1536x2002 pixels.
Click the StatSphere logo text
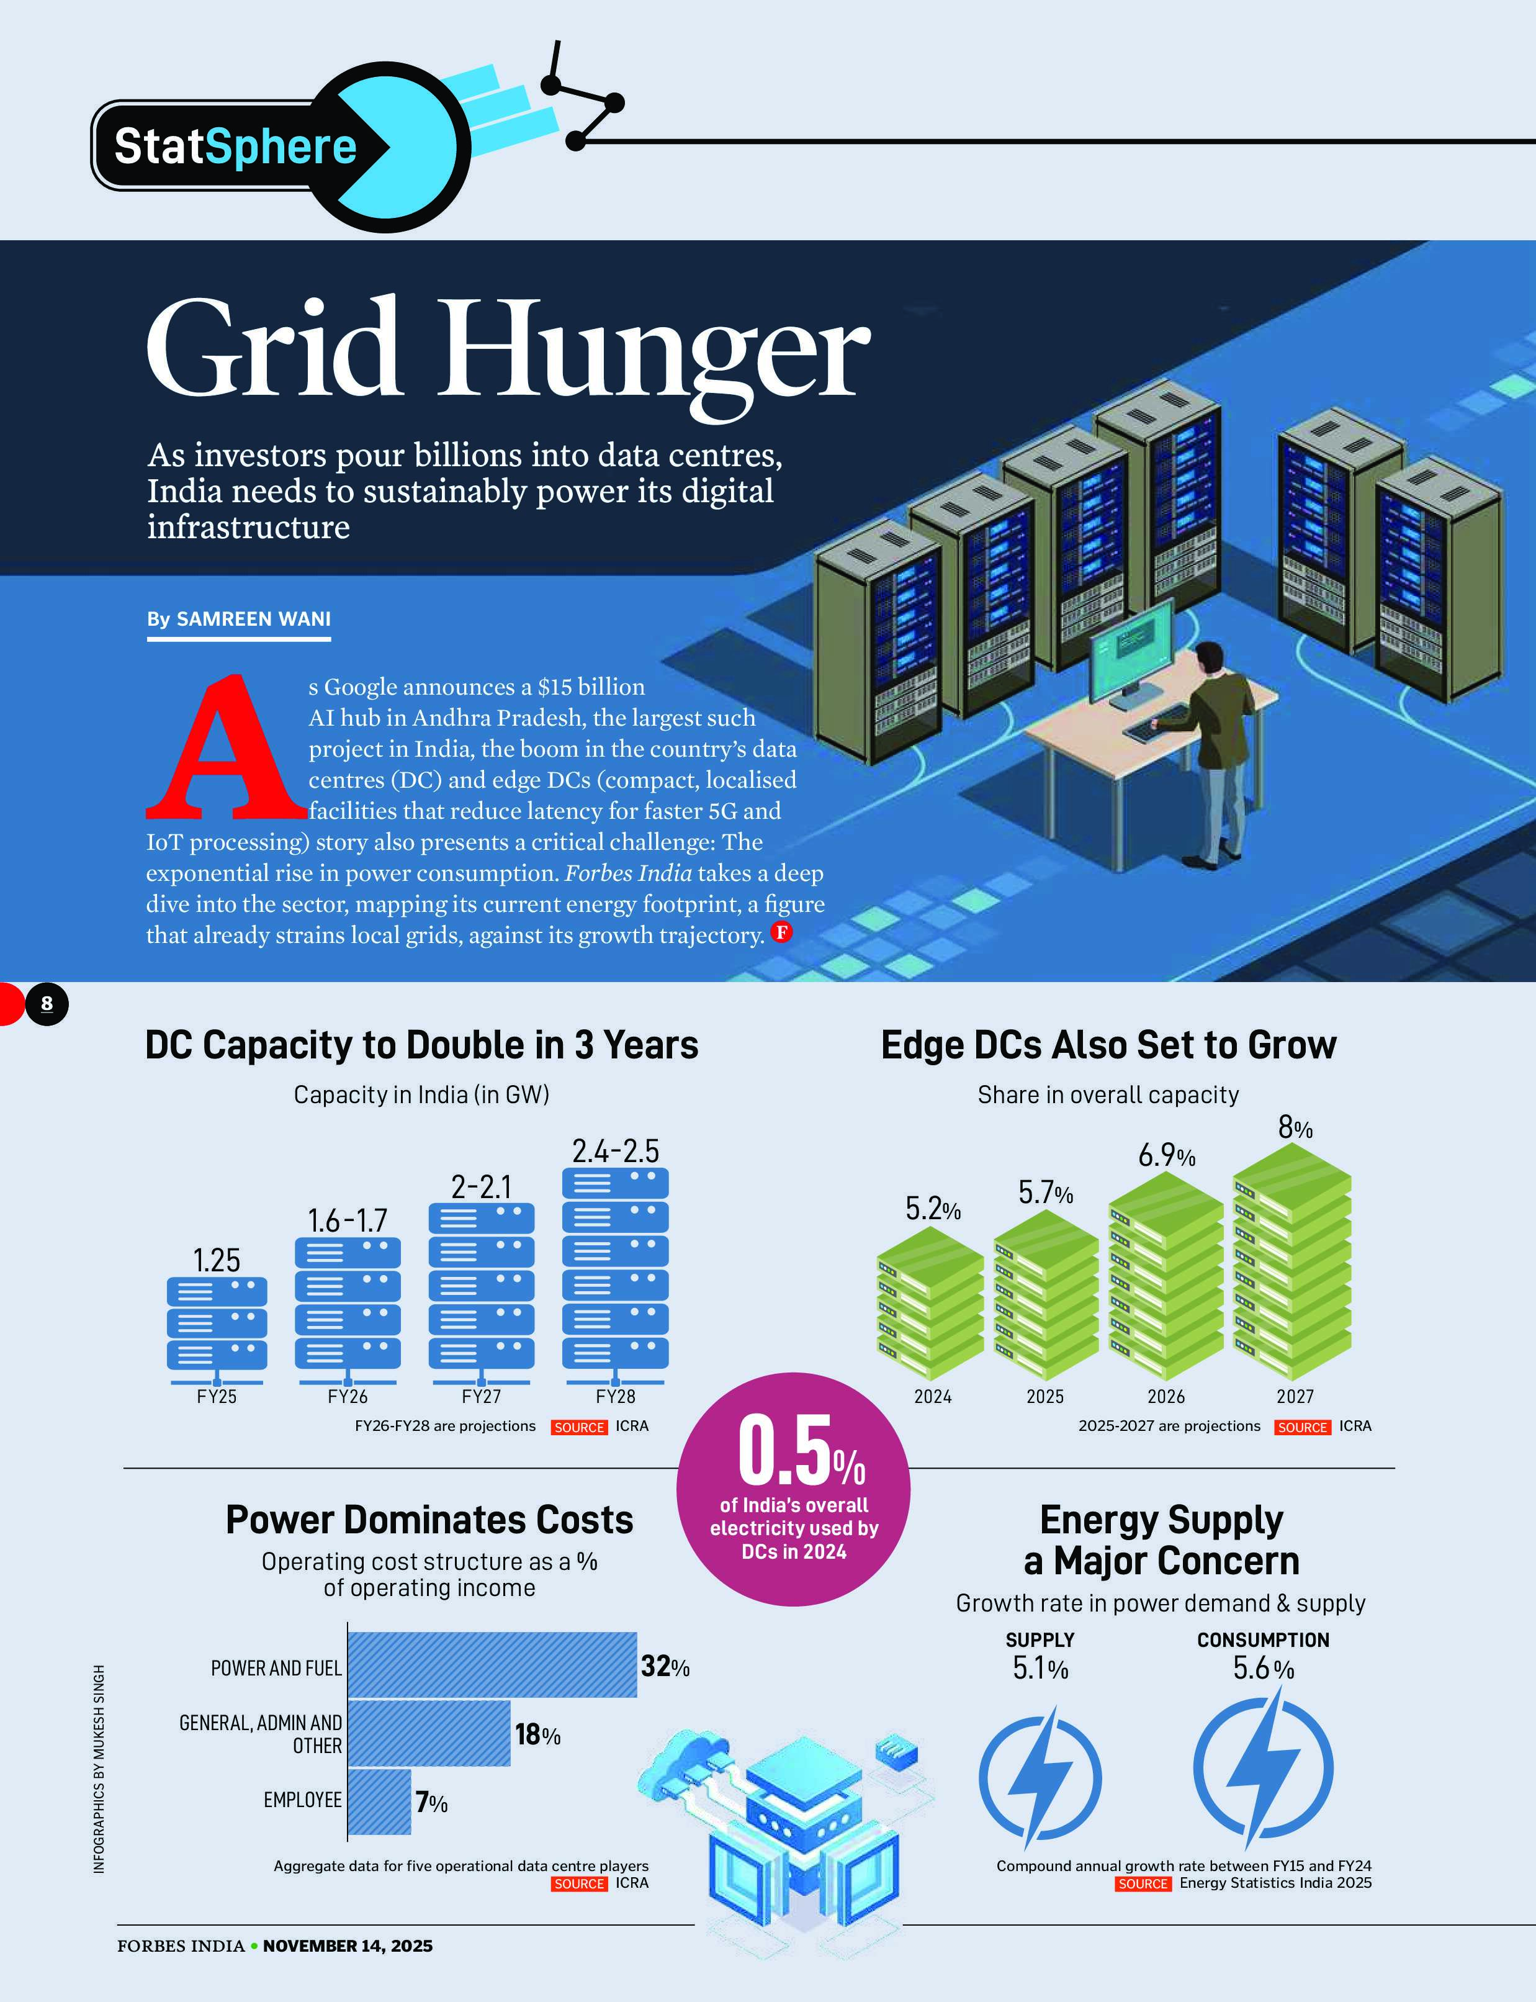[x=235, y=147]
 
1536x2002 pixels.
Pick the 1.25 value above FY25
[x=217, y=1260]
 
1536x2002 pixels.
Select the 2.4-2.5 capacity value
[x=615, y=1150]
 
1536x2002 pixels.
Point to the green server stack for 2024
[x=930, y=1303]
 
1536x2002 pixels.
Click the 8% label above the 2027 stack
[x=1295, y=1129]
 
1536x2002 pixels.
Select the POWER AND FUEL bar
[x=492, y=1664]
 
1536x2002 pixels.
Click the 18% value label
[x=537, y=1734]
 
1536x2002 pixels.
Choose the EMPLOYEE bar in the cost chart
[x=379, y=1801]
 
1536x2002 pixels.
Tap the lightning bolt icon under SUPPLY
[x=1040, y=1776]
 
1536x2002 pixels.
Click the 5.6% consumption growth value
[x=1263, y=1668]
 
